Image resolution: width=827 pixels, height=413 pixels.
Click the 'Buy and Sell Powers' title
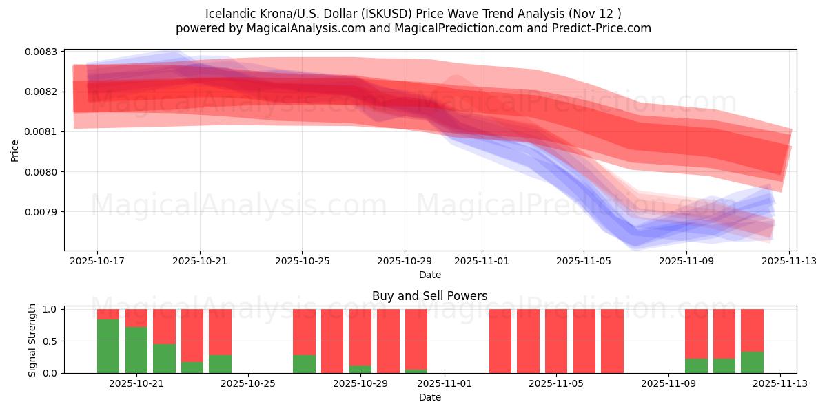click(x=429, y=296)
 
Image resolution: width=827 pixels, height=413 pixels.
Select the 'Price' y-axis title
click(x=15, y=151)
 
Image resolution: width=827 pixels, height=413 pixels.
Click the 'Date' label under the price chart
click(x=430, y=275)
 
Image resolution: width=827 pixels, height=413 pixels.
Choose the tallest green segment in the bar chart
click(x=108, y=346)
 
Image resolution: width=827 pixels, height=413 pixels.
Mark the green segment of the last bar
click(x=752, y=362)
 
